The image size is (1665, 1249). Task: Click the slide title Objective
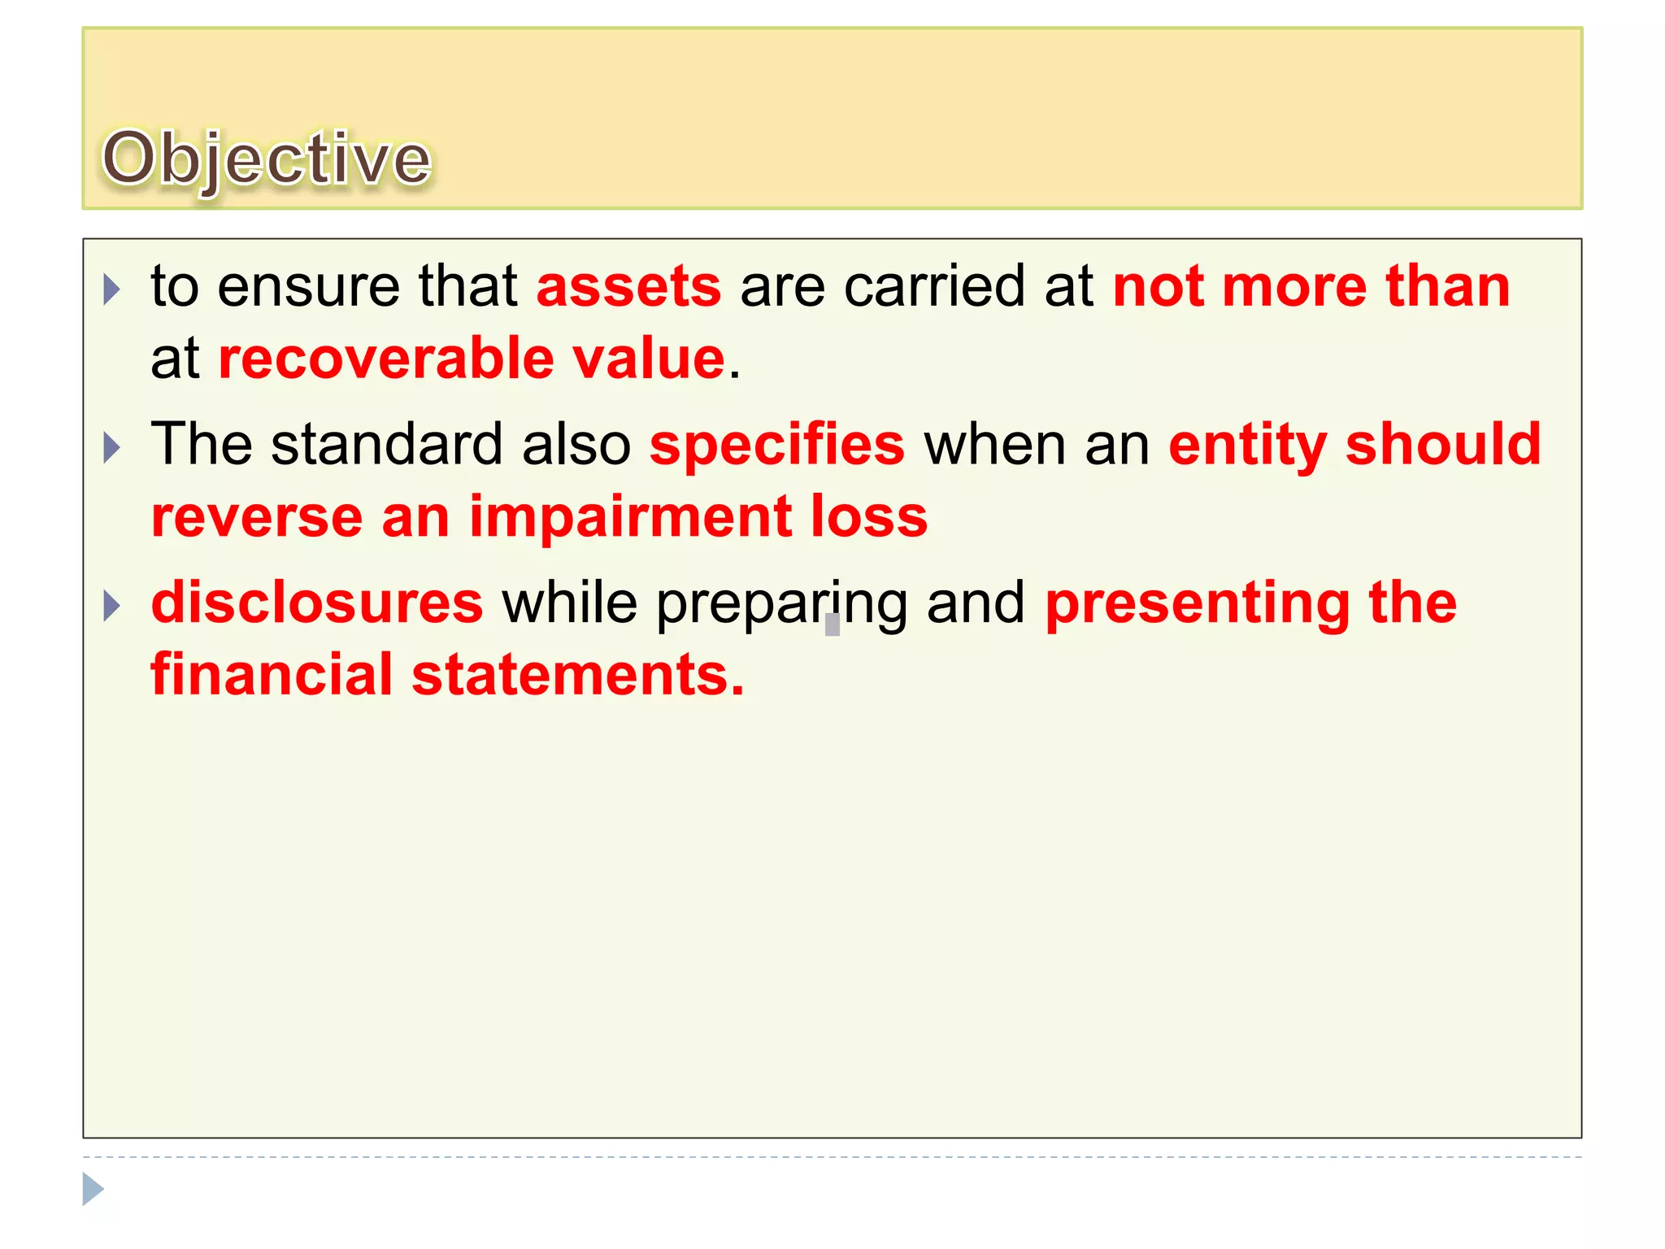266,159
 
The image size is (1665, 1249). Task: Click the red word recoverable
386,359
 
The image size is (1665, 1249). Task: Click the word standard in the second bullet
386,445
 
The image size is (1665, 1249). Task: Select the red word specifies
776,445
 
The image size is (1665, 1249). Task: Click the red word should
1443,445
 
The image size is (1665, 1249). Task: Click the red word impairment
630,517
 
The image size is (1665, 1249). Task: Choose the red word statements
576,675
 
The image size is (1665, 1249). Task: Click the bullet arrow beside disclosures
112,606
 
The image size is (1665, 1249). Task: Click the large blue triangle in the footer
93,1189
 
